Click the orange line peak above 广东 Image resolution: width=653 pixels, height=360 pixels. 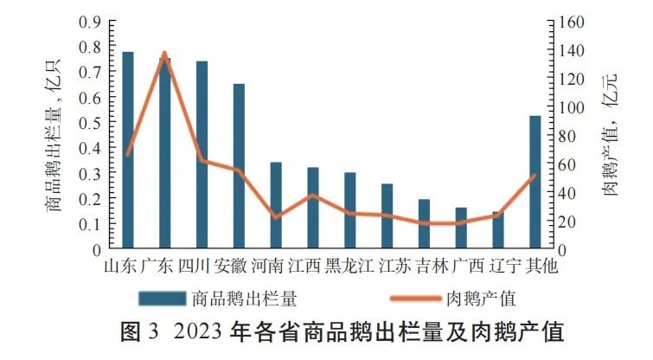[164, 54]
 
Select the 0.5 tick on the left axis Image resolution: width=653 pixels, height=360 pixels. [90, 123]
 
